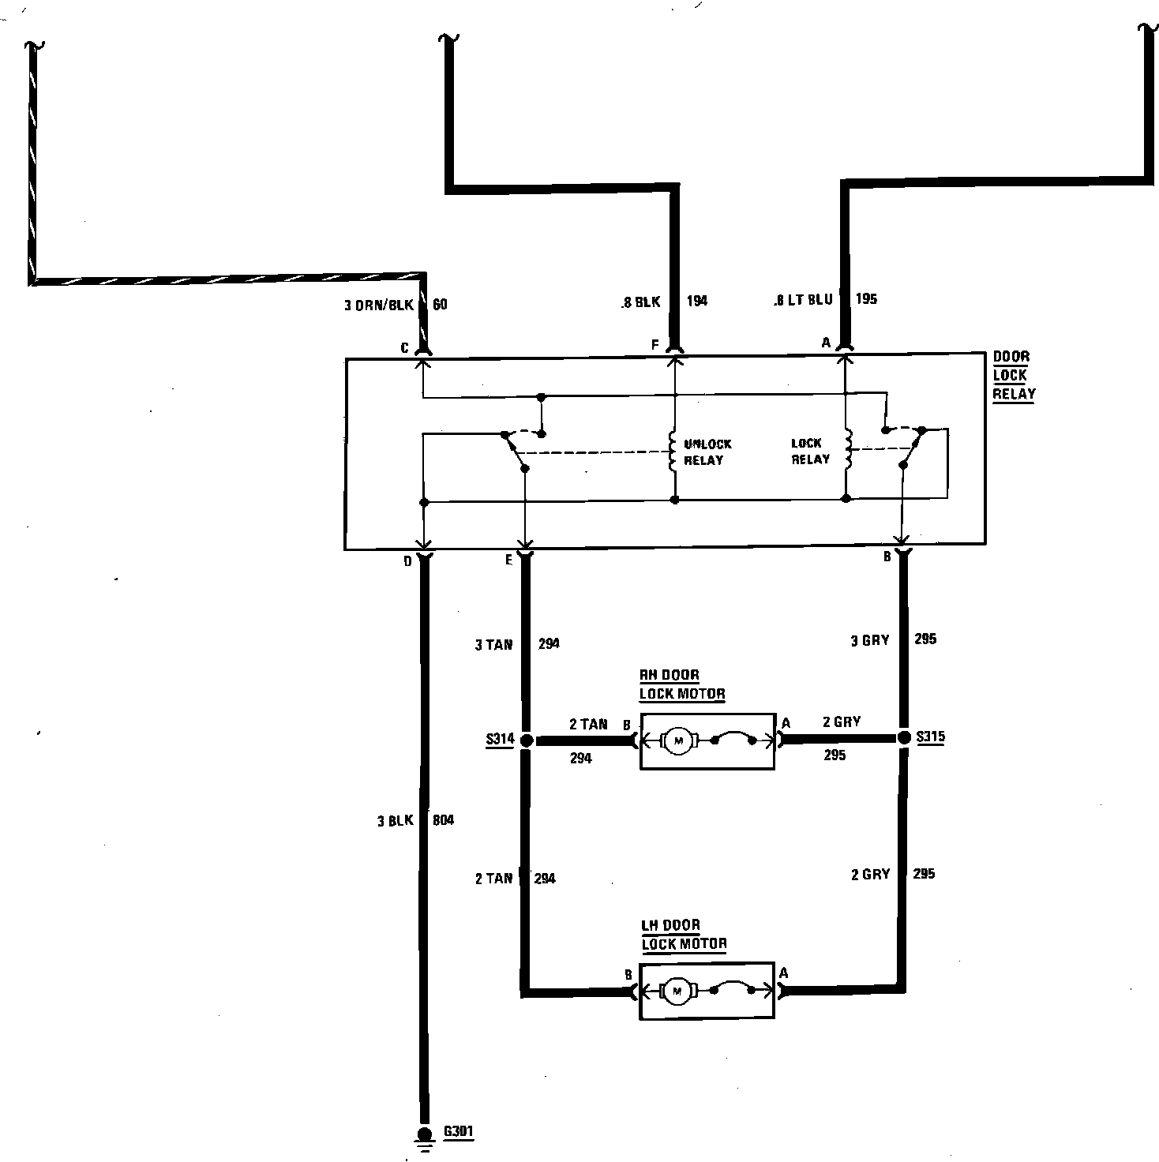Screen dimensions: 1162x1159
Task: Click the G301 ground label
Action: coord(458,1131)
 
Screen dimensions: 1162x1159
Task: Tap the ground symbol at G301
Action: coord(425,1138)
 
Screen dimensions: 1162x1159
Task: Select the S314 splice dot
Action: coord(526,740)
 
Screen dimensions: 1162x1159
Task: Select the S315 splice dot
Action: coord(904,738)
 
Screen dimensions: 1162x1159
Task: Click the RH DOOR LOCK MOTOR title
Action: coord(681,684)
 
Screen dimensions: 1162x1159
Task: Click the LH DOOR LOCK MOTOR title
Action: coord(683,934)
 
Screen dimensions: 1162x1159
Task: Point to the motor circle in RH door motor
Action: coord(677,740)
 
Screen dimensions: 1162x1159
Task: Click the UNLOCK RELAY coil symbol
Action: coord(673,452)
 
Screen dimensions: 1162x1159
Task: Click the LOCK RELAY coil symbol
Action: coord(848,450)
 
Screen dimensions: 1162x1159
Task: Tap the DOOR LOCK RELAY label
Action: coord(1013,376)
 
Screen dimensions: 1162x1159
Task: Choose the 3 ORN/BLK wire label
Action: coord(378,305)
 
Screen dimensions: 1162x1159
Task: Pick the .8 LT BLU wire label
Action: coord(803,300)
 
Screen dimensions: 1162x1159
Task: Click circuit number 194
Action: coord(697,300)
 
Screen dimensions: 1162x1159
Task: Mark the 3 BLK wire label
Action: coord(395,821)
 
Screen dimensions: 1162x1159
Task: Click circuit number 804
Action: coord(443,821)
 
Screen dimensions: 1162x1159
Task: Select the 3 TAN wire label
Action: coord(493,645)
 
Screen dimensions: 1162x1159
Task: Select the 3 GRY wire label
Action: coord(869,640)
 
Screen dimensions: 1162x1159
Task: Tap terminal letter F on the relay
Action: coord(655,344)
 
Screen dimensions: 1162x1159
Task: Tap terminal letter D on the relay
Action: coord(408,561)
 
